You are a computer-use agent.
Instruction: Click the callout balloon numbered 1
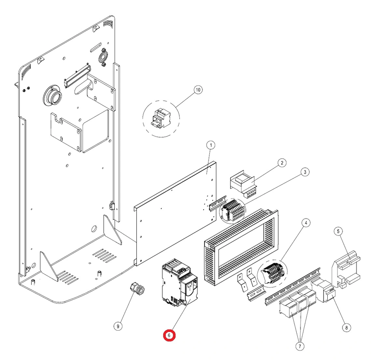pyautogui.click(x=211, y=145)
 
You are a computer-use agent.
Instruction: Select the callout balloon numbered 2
pyautogui.click(x=281, y=163)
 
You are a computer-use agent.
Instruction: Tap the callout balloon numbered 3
pyautogui.click(x=304, y=172)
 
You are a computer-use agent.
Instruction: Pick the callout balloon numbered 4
pyautogui.click(x=305, y=223)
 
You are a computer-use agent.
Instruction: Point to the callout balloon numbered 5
pyautogui.click(x=338, y=232)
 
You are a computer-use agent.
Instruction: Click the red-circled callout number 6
pyautogui.click(x=169, y=335)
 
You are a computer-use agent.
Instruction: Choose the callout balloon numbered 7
pyautogui.click(x=300, y=346)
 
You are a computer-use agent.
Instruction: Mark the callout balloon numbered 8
pyautogui.click(x=346, y=327)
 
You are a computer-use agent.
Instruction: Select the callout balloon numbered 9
pyautogui.click(x=118, y=326)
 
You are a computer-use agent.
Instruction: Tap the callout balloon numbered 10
pyautogui.click(x=198, y=90)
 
